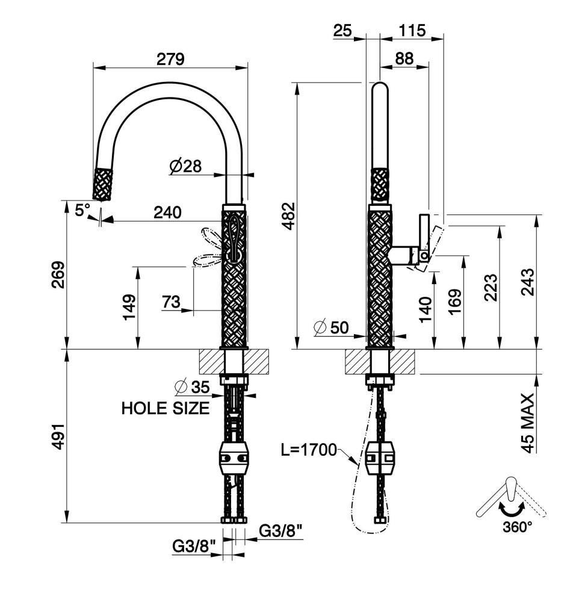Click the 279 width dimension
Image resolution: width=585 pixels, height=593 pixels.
pyautogui.click(x=170, y=59)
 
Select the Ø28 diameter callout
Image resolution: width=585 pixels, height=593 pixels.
pyautogui.click(x=185, y=166)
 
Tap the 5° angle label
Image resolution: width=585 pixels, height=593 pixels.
pyautogui.click(x=82, y=210)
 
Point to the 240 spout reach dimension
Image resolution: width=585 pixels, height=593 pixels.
pyautogui.click(x=167, y=212)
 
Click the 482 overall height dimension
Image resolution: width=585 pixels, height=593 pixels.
pyautogui.click(x=289, y=216)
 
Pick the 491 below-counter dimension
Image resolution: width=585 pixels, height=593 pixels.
pyautogui.click(x=58, y=436)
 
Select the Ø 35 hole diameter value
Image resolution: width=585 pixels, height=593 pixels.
pyautogui.click(x=193, y=387)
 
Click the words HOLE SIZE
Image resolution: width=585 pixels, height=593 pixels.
pyautogui.click(x=166, y=408)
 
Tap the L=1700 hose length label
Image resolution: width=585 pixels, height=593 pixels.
pyautogui.click(x=309, y=450)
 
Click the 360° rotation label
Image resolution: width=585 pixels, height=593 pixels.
pyautogui.click(x=518, y=526)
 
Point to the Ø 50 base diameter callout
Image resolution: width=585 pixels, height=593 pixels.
pyautogui.click(x=331, y=328)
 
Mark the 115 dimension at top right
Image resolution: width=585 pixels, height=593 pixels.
pyautogui.click(x=412, y=30)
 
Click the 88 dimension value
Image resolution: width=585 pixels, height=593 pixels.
pyautogui.click(x=404, y=58)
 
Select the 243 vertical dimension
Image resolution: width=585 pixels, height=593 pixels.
pyautogui.click(x=529, y=282)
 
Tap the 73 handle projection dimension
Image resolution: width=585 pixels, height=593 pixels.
pyautogui.click(x=172, y=302)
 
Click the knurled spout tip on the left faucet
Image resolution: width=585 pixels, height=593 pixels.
pyautogui.click(x=102, y=184)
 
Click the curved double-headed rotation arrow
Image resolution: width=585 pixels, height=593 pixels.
pyautogui.click(x=511, y=508)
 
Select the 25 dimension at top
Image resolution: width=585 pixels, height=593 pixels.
pyautogui.click(x=342, y=30)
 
